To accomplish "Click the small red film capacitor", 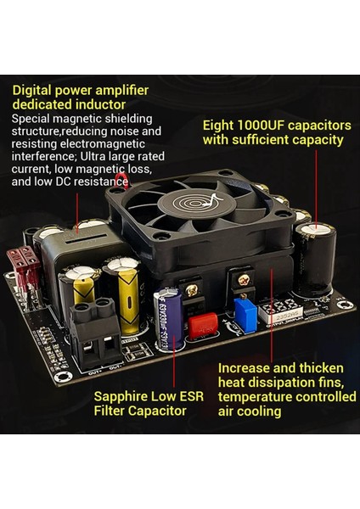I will click(x=202, y=325).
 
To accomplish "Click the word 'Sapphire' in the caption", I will click(x=124, y=396).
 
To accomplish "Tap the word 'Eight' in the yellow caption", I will click(x=219, y=125).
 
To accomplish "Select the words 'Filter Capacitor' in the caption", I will click(x=140, y=411).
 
